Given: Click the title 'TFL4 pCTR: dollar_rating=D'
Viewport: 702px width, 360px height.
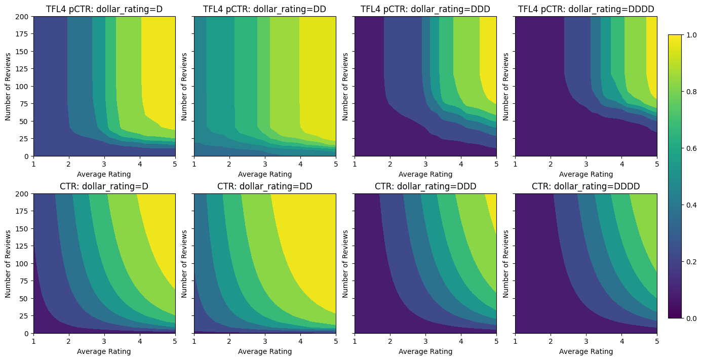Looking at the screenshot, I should (x=104, y=9).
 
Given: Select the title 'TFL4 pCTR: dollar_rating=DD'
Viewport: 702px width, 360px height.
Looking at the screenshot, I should (x=264, y=9).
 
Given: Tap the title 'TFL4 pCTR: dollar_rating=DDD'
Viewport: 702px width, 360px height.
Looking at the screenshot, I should (x=425, y=9).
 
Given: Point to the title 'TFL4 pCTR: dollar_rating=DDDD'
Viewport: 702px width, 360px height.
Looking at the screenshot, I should (x=586, y=9).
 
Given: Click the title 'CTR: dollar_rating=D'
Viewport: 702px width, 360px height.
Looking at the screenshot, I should (x=104, y=186).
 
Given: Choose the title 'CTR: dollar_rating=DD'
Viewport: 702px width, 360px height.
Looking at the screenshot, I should (x=264, y=186).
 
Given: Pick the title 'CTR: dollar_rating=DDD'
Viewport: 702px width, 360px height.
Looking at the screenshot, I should (x=425, y=186).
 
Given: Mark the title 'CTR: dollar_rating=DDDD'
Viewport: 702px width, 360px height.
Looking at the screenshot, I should (x=586, y=186).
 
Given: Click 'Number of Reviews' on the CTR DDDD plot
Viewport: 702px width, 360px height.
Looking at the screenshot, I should (x=506, y=263).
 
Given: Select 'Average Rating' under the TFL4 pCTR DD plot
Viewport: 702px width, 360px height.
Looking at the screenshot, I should (x=264, y=174).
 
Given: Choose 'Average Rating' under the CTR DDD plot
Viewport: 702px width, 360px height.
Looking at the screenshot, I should (x=425, y=351).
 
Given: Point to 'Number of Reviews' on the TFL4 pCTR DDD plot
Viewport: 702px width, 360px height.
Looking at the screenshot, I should (x=345, y=86).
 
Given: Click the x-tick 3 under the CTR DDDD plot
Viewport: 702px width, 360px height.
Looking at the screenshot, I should (x=586, y=342).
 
